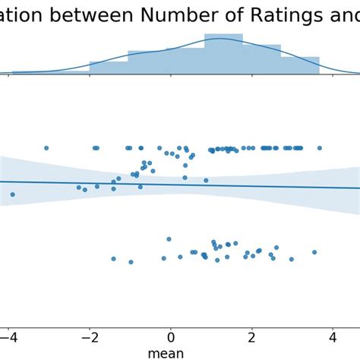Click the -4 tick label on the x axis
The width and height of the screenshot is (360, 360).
click(8, 337)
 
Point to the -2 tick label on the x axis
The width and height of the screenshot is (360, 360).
click(89, 337)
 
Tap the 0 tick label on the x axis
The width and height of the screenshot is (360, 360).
click(171, 337)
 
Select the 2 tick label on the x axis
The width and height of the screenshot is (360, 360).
click(251, 337)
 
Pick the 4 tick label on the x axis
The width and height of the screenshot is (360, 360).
click(333, 337)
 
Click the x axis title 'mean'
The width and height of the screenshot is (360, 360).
click(166, 352)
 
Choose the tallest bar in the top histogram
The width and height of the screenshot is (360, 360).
click(223, 54)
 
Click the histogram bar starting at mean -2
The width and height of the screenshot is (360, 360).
click(109, 68)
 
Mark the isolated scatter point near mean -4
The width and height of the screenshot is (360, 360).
click(12, 194)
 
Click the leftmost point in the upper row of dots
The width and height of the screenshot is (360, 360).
click(46, 148)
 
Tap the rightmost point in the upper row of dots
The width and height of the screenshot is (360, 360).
click(320, 148)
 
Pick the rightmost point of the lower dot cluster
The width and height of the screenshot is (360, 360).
click(314, 252)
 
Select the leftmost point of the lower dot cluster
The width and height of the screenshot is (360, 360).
click(113, 259)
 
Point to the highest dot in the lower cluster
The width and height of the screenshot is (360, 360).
click(169, 239)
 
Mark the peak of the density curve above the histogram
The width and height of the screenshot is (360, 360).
click(220, 38)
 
